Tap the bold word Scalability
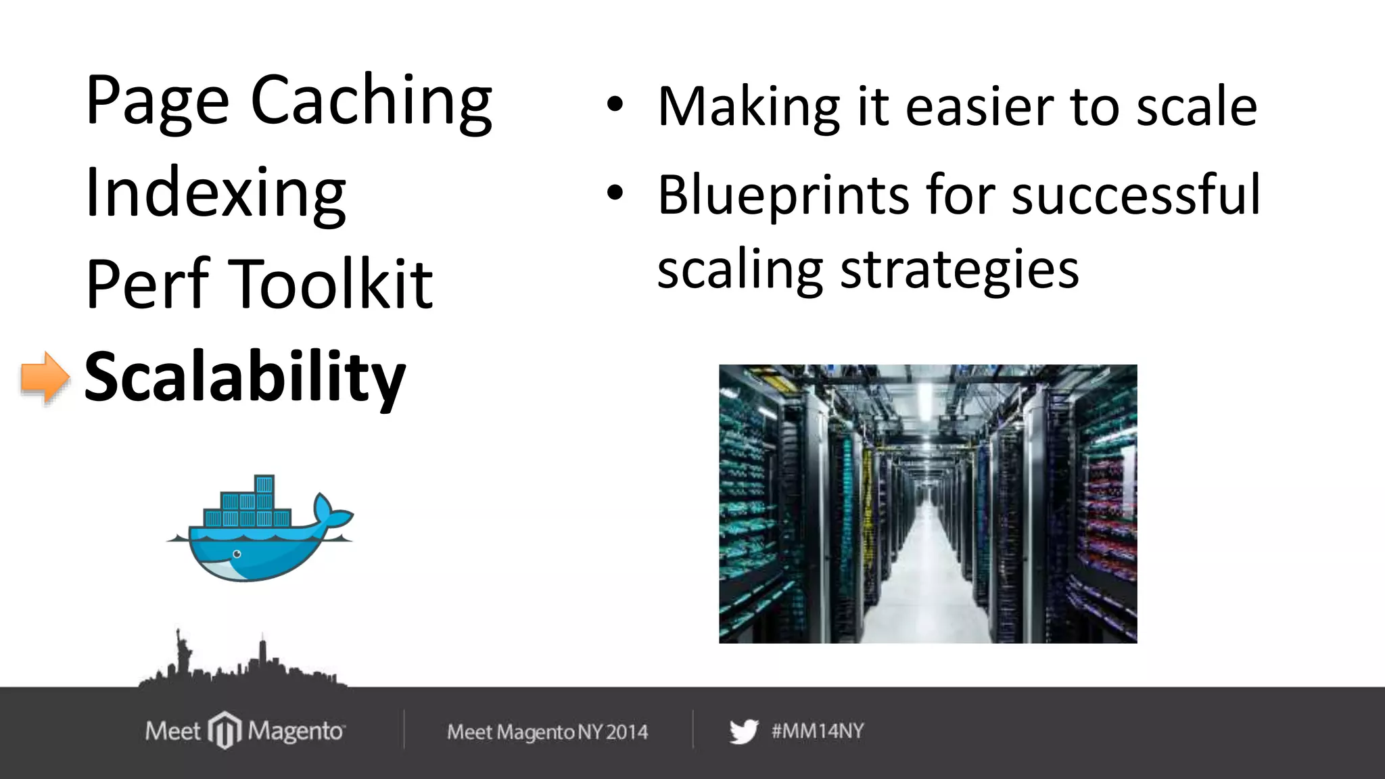point(244,377)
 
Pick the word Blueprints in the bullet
point(782,196)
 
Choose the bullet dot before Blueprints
point(614,193)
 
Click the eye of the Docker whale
point(237,554)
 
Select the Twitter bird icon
point(744,732)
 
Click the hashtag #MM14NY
point(818,731)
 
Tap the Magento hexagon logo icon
point(224,730)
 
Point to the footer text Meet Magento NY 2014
point(547,732)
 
